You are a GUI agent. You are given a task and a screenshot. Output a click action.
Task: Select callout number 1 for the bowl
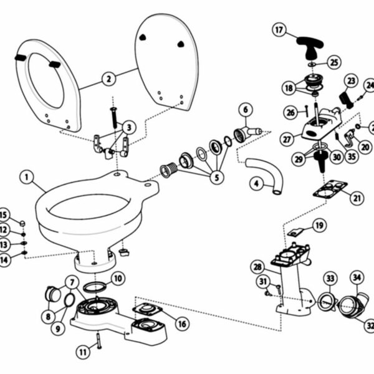point(26,177)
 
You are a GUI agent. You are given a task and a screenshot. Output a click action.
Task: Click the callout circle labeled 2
point(108,79)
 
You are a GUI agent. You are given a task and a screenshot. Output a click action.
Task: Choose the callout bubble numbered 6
point(245,110)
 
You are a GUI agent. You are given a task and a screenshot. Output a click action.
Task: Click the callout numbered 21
point(357,198)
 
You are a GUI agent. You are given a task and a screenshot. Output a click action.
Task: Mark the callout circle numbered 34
point(357,276)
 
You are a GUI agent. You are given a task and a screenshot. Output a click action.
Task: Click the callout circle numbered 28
point(257,267)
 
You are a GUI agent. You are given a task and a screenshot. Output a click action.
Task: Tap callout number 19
point(319,225)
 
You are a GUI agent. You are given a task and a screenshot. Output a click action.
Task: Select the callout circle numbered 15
point(5,215)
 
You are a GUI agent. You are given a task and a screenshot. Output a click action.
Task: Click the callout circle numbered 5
point(217,178)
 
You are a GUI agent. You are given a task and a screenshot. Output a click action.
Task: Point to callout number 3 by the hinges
point(129,127)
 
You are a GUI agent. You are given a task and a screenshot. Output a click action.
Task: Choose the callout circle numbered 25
point(335,62)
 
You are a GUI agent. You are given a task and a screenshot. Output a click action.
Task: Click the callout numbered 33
point(330,277)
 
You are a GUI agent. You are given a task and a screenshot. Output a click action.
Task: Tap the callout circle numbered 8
point(48,316)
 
